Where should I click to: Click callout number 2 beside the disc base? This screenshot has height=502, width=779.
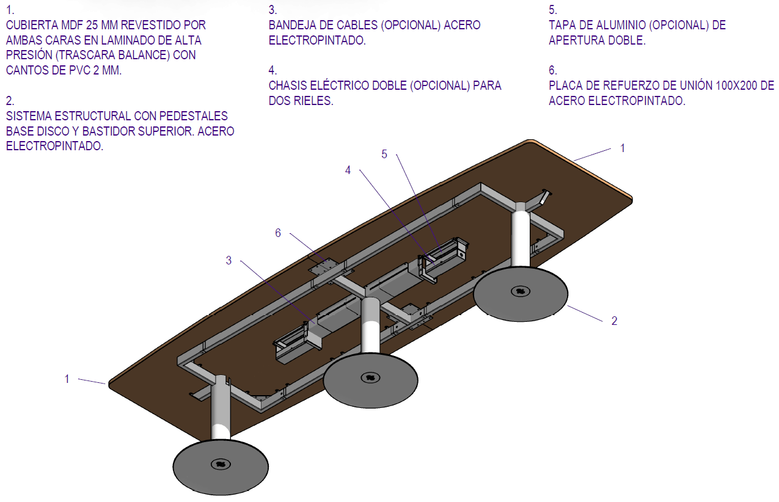coord(615,321)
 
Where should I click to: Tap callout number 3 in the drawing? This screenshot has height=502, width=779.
coord(229,260)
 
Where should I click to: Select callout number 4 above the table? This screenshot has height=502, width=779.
coord(348,170)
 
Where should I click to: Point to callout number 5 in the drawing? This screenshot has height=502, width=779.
coord(384,155)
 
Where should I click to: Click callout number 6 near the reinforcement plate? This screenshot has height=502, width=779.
coord(278,233)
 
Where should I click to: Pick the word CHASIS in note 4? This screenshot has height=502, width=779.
coord(288,85)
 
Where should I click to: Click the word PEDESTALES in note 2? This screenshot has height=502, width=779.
coord(195,116)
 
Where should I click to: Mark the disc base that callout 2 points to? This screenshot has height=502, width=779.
coord(521,293)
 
